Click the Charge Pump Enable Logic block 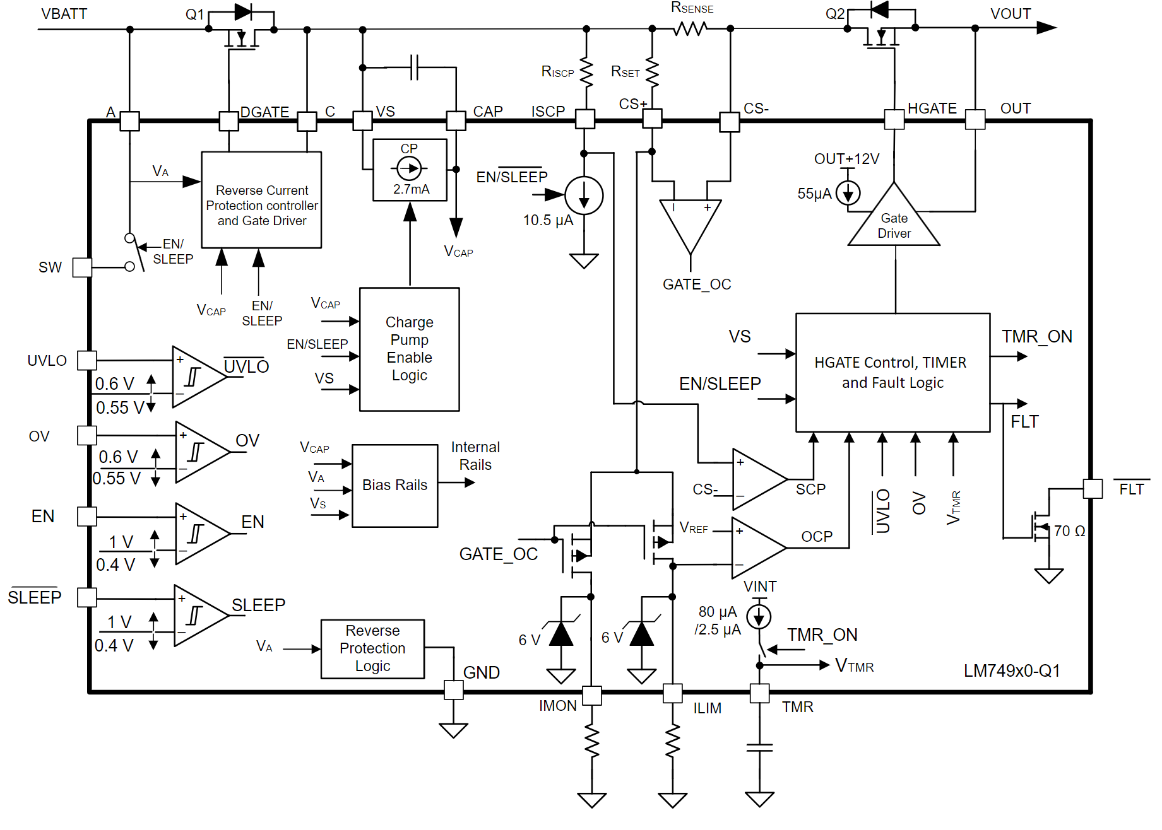coord(409,349)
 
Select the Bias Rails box coord(394,485)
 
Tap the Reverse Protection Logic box coord(372,648)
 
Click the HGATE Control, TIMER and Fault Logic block coord(892,372)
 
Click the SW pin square coord(82,267)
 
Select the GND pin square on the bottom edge coord(453,690)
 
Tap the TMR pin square coord(759,693)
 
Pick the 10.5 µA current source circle coord(584,196)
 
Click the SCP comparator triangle coord(757,479)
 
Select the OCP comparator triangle coord(757,548)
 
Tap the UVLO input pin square coord(86,361)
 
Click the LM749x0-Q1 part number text coord(1011,670)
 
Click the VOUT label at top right coord(1010,14)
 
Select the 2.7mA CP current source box coord(410,170)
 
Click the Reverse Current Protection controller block coord(261,200)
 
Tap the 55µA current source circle coord(848,193)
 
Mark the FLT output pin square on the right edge coord(1092,489)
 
